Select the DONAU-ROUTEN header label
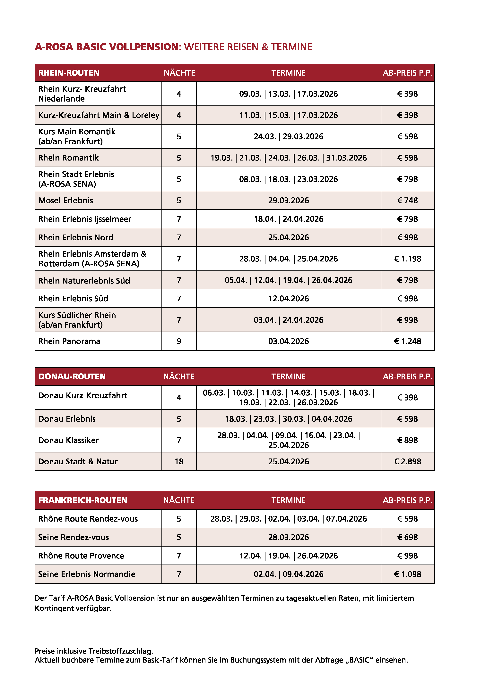point(72,376)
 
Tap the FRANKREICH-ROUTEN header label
point(83,500)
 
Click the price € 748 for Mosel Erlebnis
point(407,201)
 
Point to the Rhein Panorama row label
point(69,341)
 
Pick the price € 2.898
point(407,462)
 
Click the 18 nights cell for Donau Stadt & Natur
point(179,462)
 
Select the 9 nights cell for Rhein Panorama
point(179,341)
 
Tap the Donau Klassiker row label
point(68,440)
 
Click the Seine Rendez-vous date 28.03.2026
point(289,537)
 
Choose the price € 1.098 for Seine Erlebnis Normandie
point(407,574)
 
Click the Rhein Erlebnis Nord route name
point(76,237)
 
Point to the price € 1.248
point(407,341)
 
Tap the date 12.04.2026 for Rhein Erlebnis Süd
point(289,299)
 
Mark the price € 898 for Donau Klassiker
point(407,440)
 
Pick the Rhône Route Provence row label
point(81,556)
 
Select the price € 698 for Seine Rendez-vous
point(407,537)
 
